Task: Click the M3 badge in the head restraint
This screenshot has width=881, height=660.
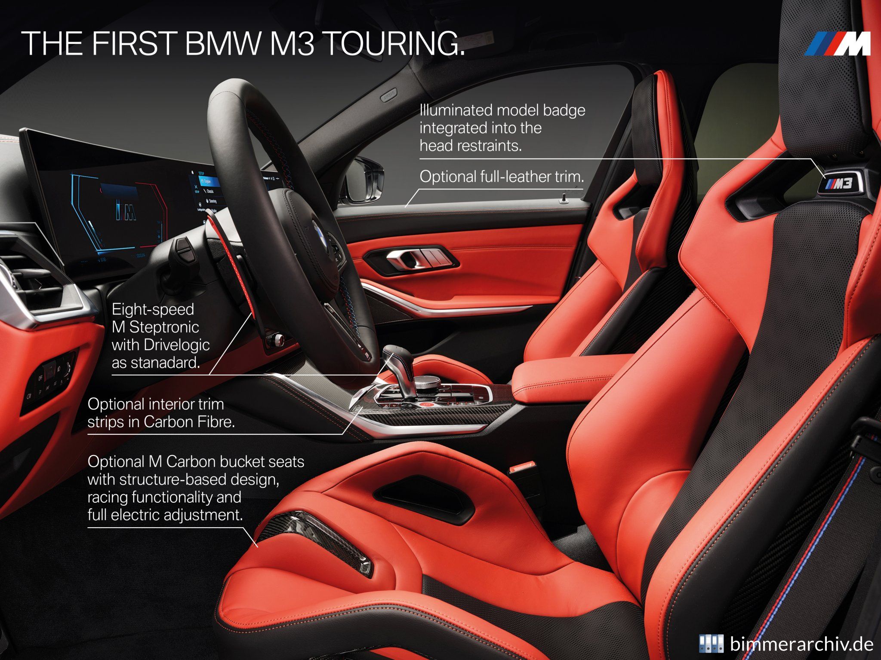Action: [838, 184]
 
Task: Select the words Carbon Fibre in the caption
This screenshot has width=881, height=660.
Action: [189, 422]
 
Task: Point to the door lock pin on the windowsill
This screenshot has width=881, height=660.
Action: [562, 199]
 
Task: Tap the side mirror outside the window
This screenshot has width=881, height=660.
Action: [366, 180]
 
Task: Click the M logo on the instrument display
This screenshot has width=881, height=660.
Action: [126, 210]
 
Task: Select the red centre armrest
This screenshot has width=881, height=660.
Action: [559, 378]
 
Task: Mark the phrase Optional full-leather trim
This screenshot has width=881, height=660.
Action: [502, 177]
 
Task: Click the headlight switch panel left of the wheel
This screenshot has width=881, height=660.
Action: [54, 378]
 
